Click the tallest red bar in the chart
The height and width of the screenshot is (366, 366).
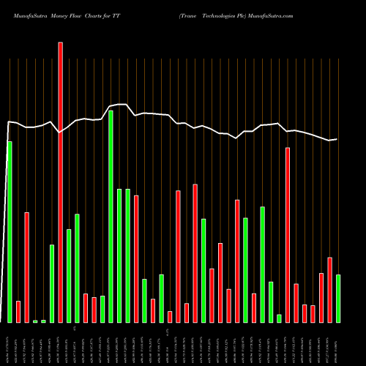(60, 182)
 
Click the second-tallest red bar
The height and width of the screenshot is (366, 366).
(288, 235)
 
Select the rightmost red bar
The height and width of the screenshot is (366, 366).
(329, 290)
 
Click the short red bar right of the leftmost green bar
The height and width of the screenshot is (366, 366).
(18, 311)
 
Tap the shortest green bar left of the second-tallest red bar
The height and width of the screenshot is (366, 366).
(279, 318)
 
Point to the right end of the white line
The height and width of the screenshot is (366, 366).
(337, 139)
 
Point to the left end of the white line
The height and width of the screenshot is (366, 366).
(8, 122)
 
